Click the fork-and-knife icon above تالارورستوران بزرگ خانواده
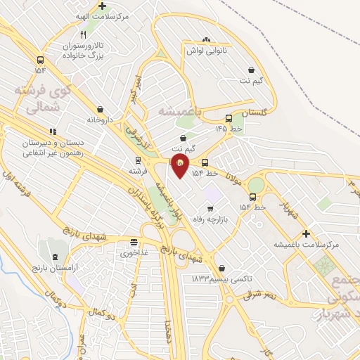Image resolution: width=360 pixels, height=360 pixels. coord(83,34)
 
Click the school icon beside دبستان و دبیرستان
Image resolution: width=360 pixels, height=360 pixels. coord(52,131)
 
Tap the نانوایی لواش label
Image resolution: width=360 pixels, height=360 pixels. coord(205,50)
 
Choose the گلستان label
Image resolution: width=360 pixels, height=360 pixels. coord(255,112)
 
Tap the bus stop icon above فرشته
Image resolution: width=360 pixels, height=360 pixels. coord(137,160)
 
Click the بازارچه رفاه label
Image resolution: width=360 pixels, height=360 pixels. coord(210,220)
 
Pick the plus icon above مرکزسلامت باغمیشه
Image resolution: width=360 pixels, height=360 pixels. coord(305,233)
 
